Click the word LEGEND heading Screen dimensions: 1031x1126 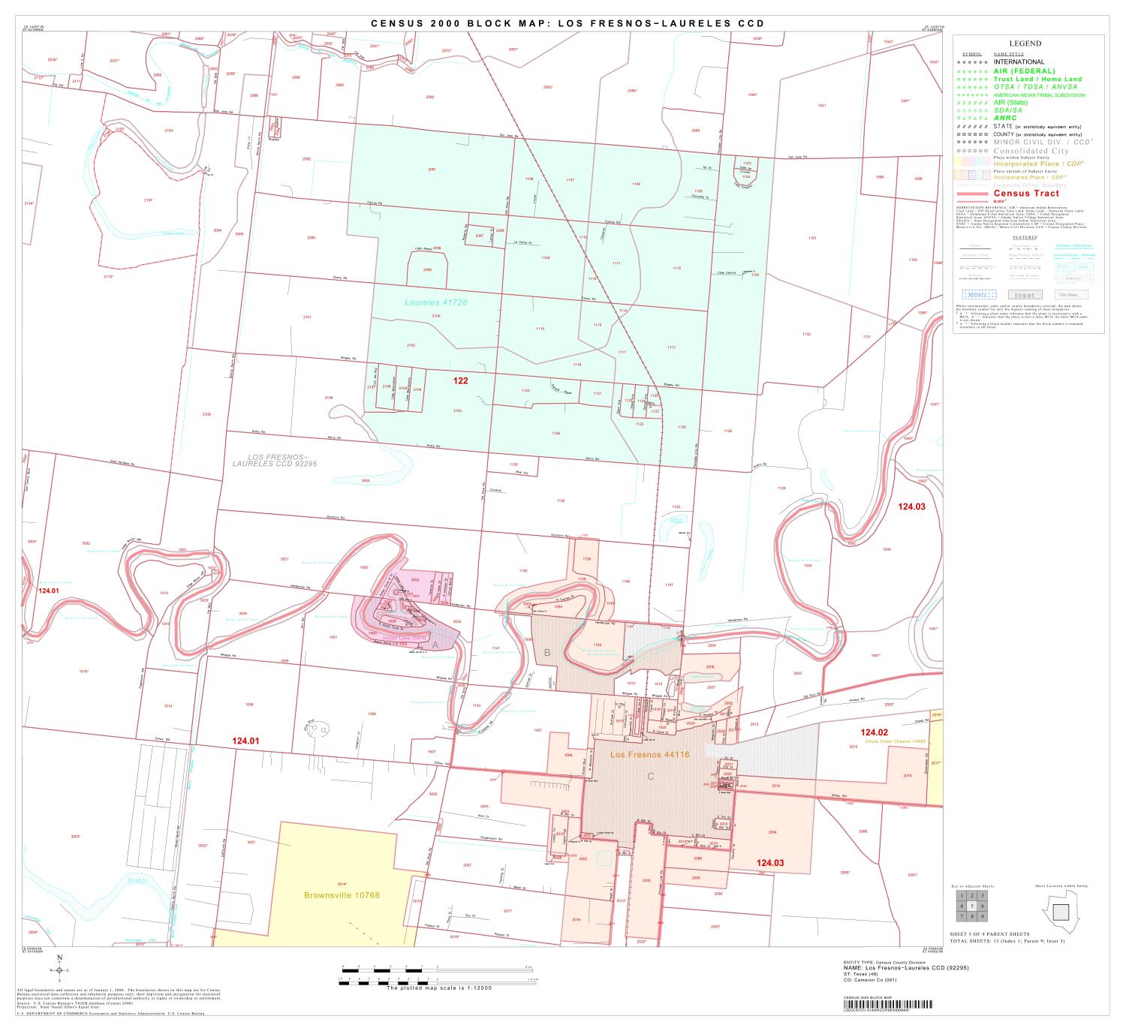[1025, 44]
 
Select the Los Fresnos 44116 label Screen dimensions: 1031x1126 [649, 754]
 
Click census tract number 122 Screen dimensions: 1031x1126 [460, 381]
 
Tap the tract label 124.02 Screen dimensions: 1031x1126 [874, 732]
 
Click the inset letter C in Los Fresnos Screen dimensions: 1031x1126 [651, 777]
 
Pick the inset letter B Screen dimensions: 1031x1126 [546, 653]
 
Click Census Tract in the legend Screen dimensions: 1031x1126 [1026, 194]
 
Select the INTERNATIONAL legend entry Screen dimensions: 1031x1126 [1019, 62]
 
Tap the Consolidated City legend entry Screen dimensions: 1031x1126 [1030, 151]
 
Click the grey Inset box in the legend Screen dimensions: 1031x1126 [1024, 295]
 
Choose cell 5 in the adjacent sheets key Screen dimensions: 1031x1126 [971, 906]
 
